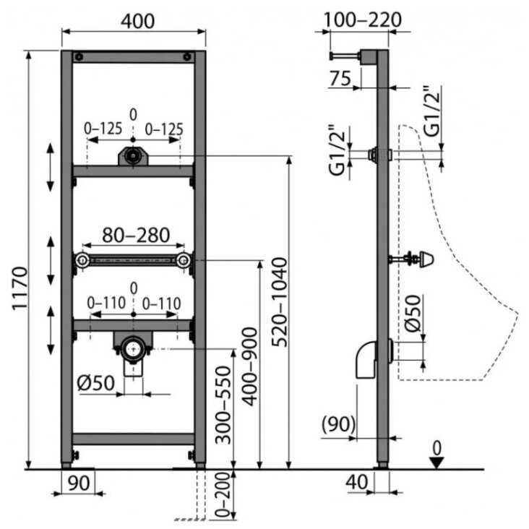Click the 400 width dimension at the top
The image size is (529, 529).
coord(137,21)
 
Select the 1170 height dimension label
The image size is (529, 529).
coord(20,288)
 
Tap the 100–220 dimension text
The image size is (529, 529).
coord(362,20)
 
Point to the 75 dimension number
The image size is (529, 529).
coord(340,79)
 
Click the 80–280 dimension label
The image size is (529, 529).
coord(136,235)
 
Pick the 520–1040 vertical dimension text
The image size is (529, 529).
coord(280,302)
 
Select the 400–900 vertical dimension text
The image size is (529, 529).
coord(250,366)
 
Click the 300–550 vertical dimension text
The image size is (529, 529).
coord(223,405)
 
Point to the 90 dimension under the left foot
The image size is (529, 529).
coord(79,483)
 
